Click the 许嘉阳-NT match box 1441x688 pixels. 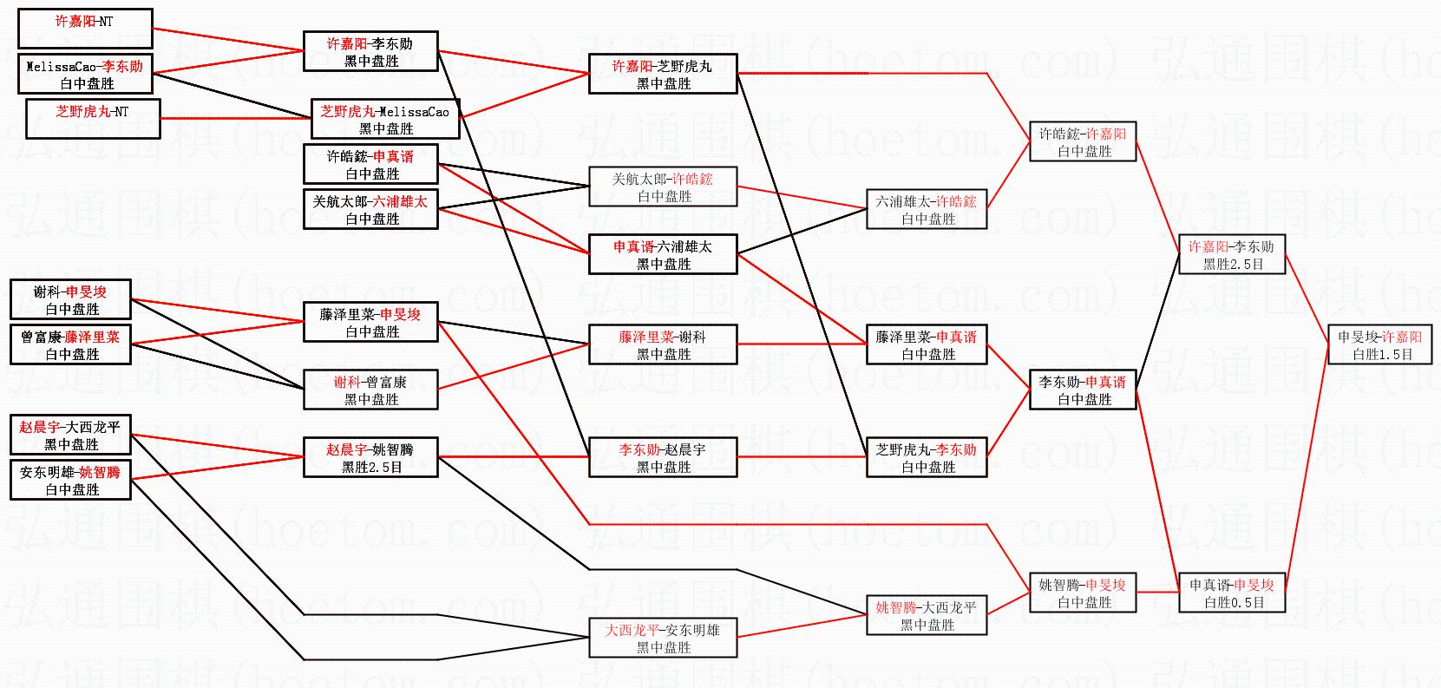point(85,29)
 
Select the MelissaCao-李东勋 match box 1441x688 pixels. point(85,74)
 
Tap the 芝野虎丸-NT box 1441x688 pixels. point(93,119)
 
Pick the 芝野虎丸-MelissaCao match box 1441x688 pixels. point(385,119)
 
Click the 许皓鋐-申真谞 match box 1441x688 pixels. point(370,164)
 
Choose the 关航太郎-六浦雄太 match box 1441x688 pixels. point(370,209)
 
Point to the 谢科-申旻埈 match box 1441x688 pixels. point(70,299)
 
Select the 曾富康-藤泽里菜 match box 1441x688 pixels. point(70,344)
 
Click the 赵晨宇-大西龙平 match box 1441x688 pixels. point(70,435)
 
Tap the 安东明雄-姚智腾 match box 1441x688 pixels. point(70,480)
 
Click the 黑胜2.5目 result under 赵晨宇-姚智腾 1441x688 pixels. point(371,467)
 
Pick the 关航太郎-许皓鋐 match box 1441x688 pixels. point(663,187)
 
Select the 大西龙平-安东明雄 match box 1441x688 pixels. point(663,638)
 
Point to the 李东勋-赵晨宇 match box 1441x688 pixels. point(663,457)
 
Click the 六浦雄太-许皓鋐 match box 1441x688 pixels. point(927,209)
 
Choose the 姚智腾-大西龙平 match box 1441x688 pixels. point(927,615)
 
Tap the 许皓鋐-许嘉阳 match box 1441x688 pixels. point(1083,141)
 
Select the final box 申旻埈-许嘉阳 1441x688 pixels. point(1379,344)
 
